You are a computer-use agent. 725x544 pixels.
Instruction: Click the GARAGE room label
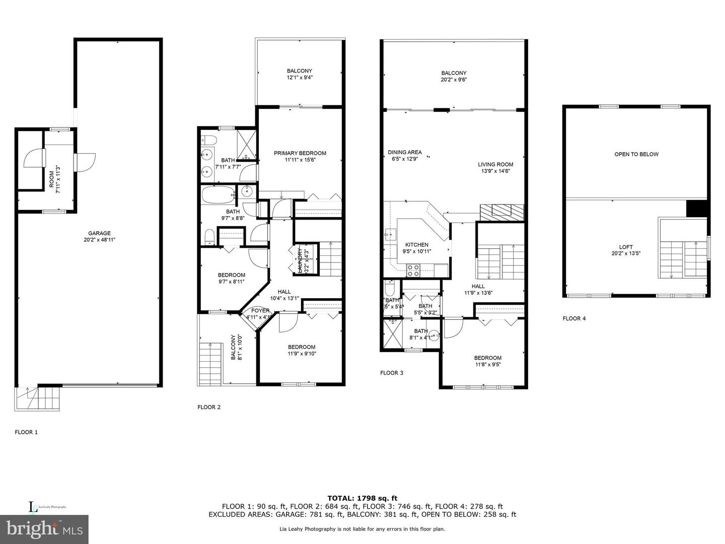click(x=99, y=233)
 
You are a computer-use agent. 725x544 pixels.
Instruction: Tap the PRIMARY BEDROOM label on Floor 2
click(x=300, y=153)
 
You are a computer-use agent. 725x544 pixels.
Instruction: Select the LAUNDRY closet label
click(x=300, y=259)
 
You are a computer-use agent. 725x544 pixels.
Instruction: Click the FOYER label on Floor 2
click(x=260, y=311)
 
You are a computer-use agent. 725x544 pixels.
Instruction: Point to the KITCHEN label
click(x=416, y=245)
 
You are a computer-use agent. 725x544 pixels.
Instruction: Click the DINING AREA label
click(x=404, y=152)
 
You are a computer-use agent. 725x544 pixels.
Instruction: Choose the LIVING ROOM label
click(x=495, y=164)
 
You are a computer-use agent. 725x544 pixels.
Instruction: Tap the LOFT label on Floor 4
click(x=626, y=247)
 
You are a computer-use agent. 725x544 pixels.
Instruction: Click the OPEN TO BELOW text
click(x=636, y=154)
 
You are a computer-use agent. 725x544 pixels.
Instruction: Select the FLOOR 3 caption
click(x=392, y=373)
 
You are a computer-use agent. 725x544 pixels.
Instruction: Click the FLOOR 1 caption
click(x=26, y=432)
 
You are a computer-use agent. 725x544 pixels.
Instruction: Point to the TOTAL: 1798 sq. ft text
click(x=362, y=498)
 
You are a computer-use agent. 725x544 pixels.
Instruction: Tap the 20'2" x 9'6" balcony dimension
click(x=454, y=80)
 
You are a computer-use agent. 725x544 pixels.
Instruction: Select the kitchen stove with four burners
click(x=413, y=270)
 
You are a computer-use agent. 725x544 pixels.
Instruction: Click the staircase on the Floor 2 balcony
click(x=210, y=364)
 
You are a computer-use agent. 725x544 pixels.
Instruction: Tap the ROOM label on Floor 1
click(x=51, y=179)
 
